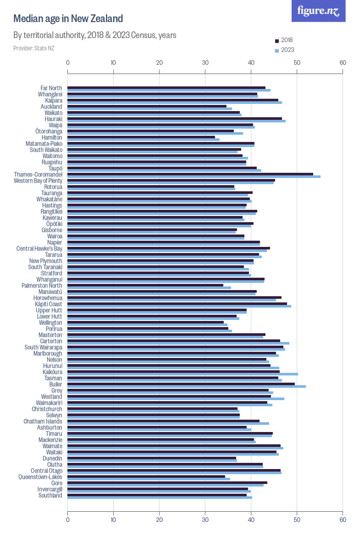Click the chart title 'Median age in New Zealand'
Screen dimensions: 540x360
tap(68, 19)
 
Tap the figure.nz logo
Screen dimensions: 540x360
tap(318, 11)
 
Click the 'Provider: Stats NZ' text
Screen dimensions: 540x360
tap(33, 48)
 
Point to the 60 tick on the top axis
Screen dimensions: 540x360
tap(343, 63)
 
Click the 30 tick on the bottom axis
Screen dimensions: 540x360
tap(205, 519)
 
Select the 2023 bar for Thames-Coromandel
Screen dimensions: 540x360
tap(194, 176)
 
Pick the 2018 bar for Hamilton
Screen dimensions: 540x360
tap(141, 137)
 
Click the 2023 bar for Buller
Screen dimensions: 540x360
tap(187, 386)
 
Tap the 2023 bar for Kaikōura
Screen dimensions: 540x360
tap(183, 374)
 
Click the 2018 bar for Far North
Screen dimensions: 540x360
tap(167, 87)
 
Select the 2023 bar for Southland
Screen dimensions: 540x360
tap(160, 497)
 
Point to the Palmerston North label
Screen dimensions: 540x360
tap(42, 285)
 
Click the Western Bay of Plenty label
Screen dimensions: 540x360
tap(38, 181)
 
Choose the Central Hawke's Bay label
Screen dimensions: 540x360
tap(40, 248)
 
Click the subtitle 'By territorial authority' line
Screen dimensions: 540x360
tap(95, 35)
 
